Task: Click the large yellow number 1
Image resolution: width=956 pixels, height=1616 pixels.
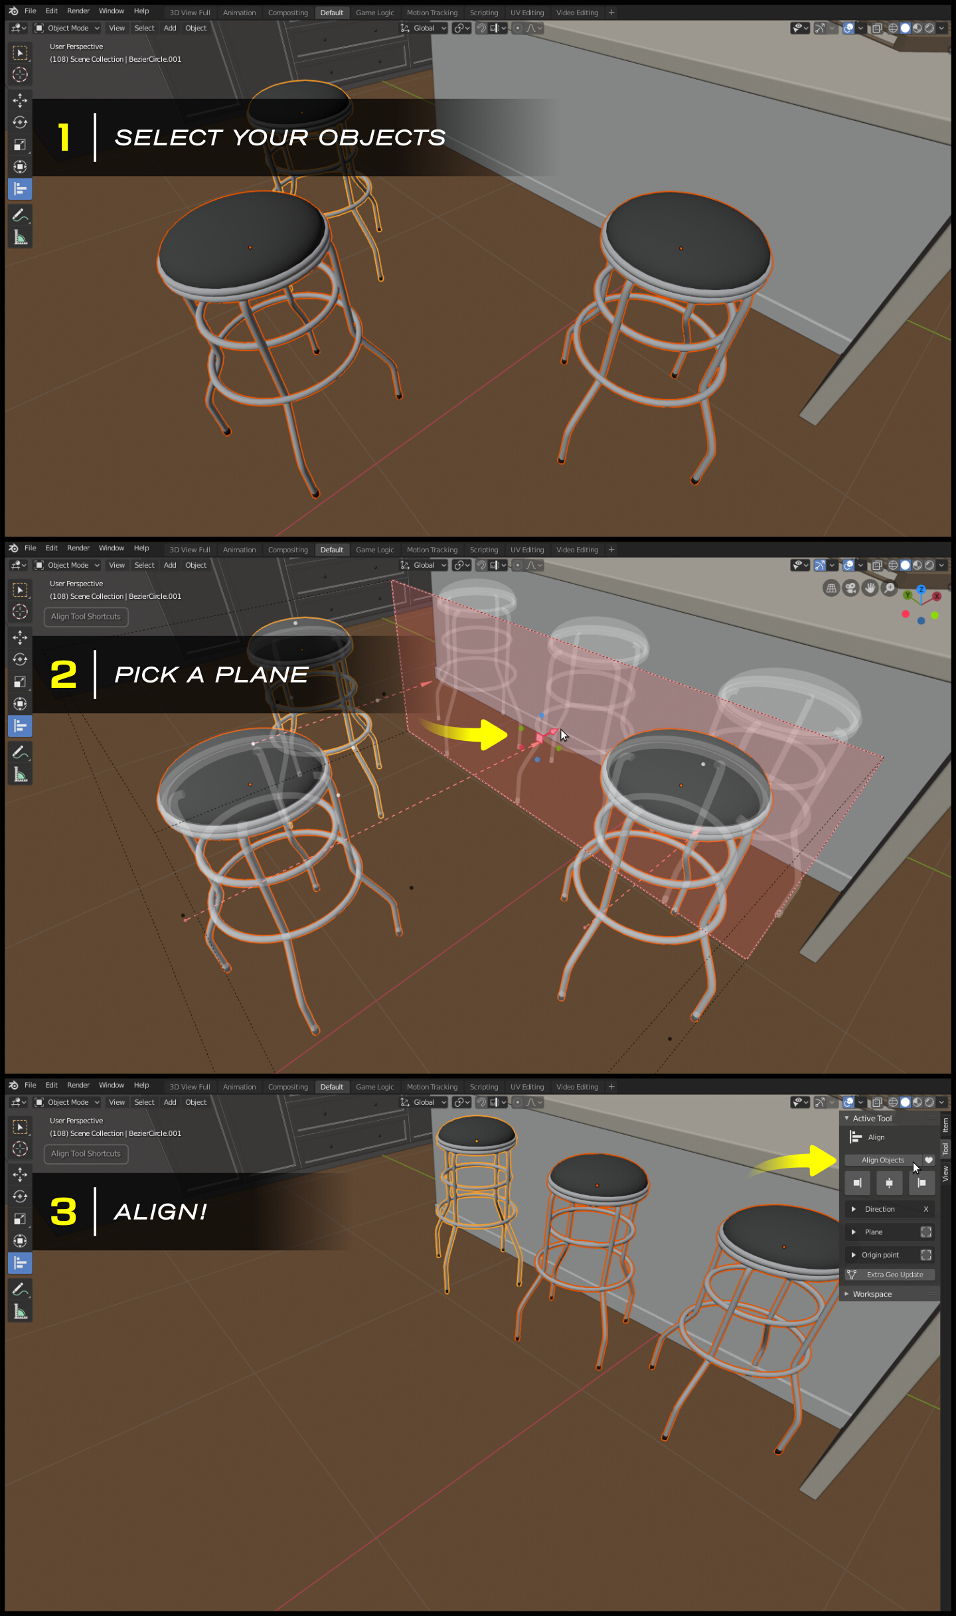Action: click(64, 137)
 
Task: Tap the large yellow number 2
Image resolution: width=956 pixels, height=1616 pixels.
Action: click(64, 675)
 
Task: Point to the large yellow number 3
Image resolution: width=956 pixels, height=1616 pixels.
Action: click(64, 1212)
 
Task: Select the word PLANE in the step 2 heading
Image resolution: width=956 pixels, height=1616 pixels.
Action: click(261, 675)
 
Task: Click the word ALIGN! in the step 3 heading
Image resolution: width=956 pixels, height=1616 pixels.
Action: click(161, 1212)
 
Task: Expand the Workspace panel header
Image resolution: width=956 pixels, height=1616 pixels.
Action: click(872, 1294)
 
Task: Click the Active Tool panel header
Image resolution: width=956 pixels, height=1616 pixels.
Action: click(872, 1119)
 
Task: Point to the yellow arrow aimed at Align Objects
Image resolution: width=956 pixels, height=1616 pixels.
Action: click(797, 1162)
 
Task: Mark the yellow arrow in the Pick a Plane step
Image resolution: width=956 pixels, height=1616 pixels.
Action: click(468, 733)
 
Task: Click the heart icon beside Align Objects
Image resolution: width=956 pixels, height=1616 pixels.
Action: click(929, 1161)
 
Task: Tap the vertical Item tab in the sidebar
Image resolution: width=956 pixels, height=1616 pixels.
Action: click(945, 1125)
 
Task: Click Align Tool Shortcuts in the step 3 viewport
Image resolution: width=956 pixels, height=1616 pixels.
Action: click(86, 1154)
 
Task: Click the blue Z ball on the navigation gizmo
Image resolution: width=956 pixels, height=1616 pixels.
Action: click(921, 590)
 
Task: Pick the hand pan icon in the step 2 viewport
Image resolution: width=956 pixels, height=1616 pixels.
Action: click(870, 588)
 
